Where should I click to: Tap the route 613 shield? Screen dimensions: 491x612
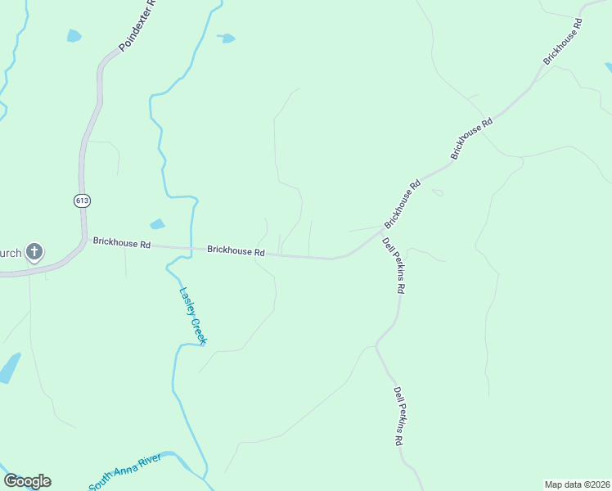pos(81,200)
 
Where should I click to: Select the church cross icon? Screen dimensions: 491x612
pos(34,251)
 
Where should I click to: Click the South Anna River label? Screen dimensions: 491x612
pos(126,472)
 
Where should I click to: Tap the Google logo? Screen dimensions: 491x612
pos(27,481)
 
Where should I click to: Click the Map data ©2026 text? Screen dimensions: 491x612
pos(577,484)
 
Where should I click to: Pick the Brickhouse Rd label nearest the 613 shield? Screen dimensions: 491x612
pos(122,243)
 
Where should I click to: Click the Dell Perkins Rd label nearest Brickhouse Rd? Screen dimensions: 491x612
pos(394,266)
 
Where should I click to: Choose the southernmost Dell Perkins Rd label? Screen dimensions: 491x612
pos(399,416)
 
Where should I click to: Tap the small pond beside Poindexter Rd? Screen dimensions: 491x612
pos(74,35)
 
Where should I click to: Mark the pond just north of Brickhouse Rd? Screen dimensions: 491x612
pos(157,224)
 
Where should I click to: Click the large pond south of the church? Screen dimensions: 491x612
pos(9,368)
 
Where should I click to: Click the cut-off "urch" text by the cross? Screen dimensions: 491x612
pos(10,252)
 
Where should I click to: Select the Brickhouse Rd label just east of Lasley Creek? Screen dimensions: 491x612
pos(236,251)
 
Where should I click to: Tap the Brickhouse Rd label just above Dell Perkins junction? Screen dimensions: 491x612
pos(403,203)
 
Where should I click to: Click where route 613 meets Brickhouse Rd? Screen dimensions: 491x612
pos(83,239)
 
